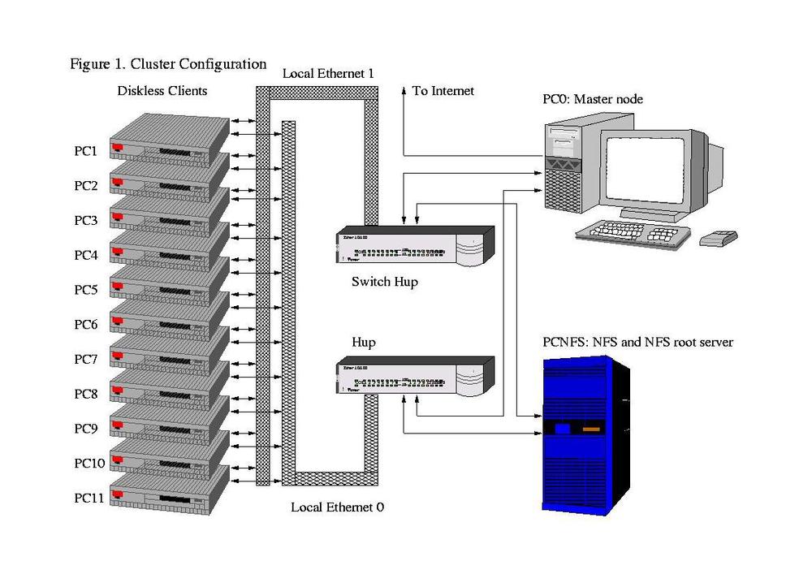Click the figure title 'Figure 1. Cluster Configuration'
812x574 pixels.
point(168,63)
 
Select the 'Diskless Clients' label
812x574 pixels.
point(162,90)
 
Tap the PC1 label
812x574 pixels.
point(86,151)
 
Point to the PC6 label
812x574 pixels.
point(86,324)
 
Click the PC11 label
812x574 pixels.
point(89,498)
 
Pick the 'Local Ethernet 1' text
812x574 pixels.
point(328,74)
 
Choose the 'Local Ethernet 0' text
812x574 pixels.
point(337,507)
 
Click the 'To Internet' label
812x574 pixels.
point(443,91)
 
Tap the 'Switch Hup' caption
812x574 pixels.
point(384,283)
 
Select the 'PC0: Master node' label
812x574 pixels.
point(593,99)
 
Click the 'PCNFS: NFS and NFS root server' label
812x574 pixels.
point(637,342)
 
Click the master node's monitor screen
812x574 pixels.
point(645,170)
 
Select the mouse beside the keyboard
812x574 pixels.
point(719,238)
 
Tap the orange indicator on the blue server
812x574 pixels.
point(592,428)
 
